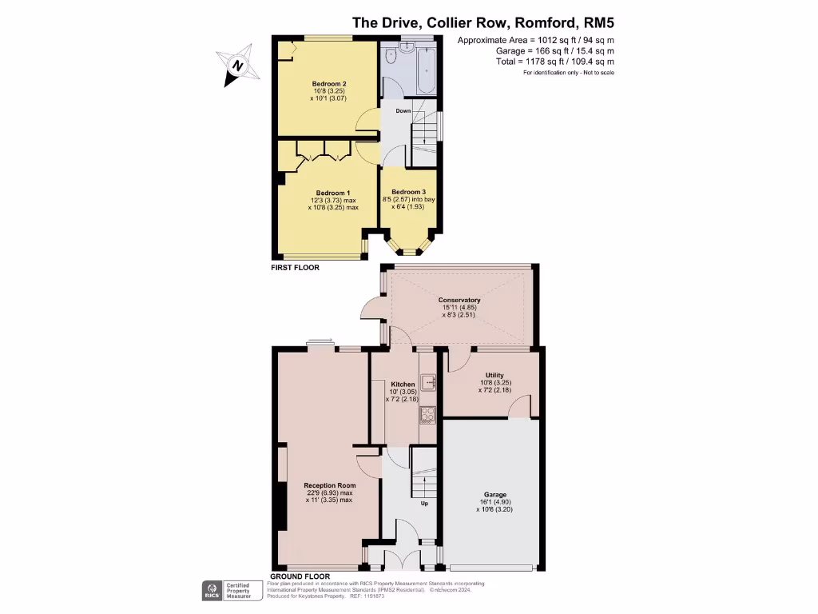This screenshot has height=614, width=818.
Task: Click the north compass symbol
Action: tap(237, 65)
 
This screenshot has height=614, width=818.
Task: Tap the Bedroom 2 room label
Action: tap(328, 84)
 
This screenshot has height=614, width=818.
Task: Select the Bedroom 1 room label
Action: tap(332, 193)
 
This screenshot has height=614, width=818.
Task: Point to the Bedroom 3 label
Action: tap(408, 193)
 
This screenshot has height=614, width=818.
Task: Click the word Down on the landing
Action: tap(403, 111)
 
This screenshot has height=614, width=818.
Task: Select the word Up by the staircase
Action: tap(424, 504)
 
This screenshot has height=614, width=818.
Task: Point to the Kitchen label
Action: tap(403, 385)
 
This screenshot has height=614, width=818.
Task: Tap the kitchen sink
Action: tap(430, 383)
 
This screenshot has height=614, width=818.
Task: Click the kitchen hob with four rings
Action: tap(427, 414)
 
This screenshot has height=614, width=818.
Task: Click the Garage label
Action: tap(496, 495)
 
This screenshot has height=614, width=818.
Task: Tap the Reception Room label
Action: tap(329, 485)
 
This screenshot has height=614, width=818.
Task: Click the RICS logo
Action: tap(212, 591)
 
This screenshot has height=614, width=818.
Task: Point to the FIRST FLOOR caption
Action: tap(295, 268)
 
